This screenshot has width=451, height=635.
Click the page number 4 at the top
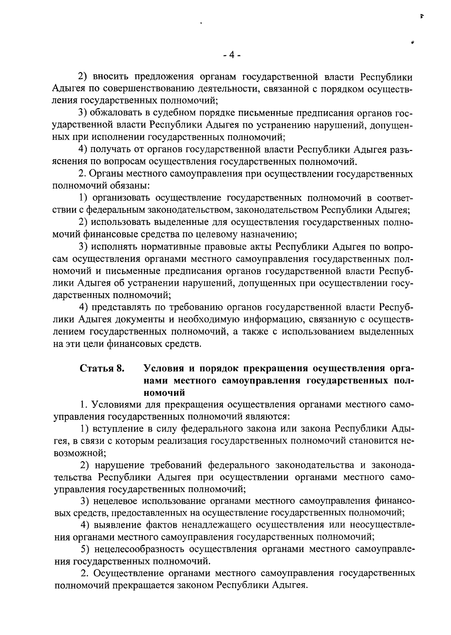tap(232, 55)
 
